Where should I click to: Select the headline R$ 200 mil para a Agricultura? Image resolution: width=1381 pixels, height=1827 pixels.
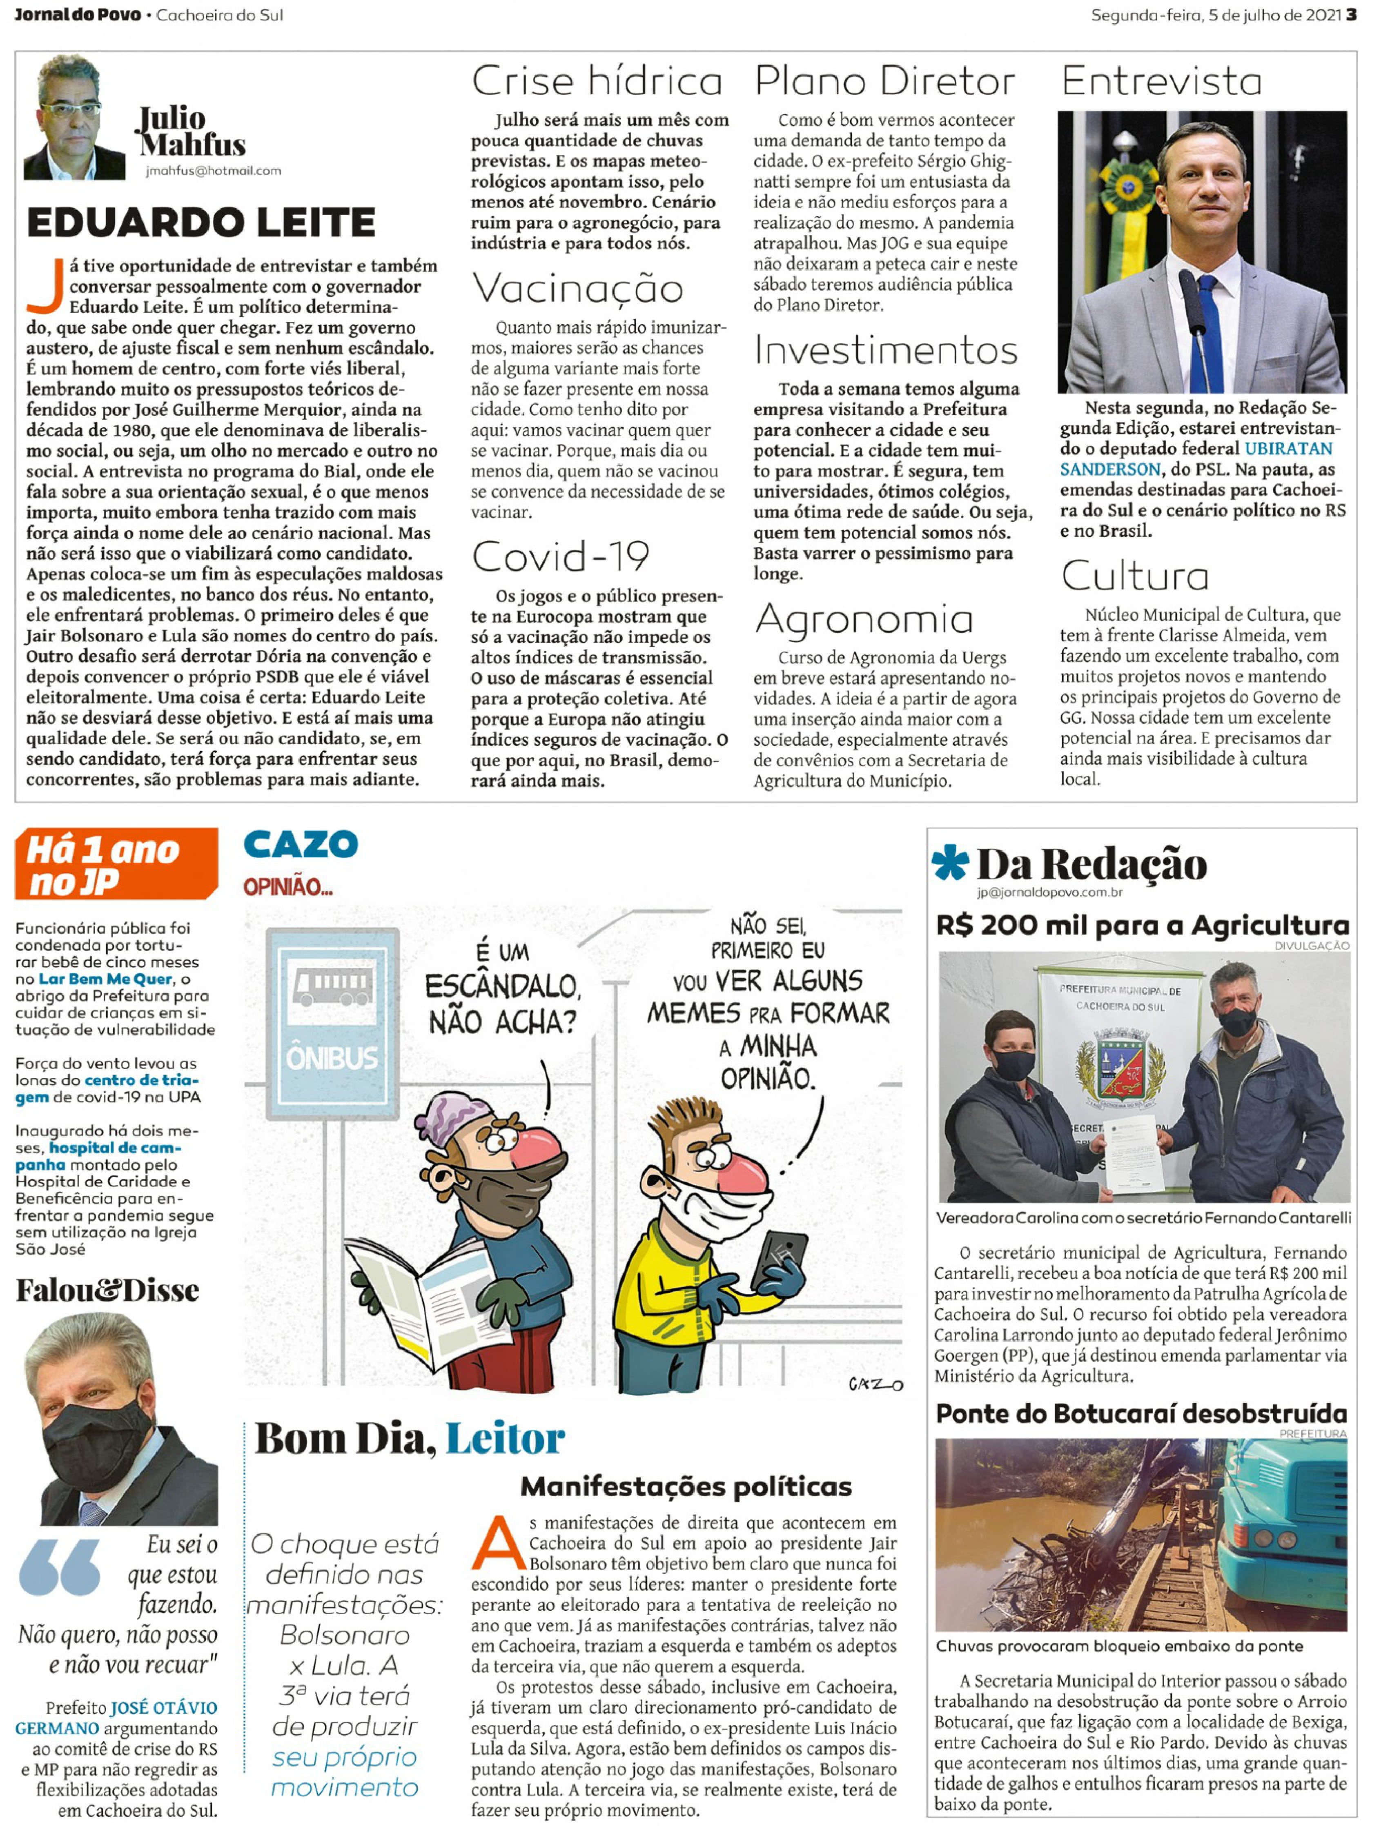(1142, 925)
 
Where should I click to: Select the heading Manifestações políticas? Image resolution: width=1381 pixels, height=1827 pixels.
(686, 1487)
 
